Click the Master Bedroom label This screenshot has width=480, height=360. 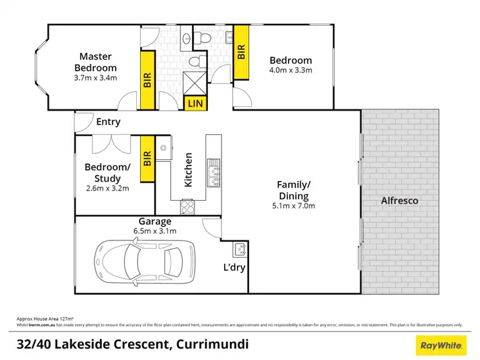coord(95,62)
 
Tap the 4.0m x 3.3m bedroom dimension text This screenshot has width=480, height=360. coord(290,70)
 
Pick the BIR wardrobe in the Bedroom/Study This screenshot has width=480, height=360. coord(147,159)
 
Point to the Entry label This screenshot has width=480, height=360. coord(108,122)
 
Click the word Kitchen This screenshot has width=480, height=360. coord(189,169)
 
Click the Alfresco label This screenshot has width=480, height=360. coord(399,201)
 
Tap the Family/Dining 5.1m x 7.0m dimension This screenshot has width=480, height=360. coord(293,206)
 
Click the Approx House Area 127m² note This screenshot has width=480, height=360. coord(44,318)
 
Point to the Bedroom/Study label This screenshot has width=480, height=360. coord(107,173)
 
